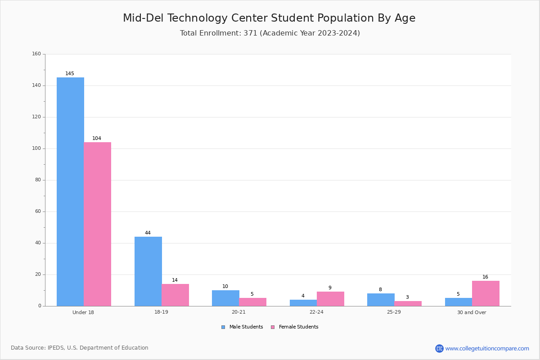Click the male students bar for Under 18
pyautogui.click(x=70, y=192)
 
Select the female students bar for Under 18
pyautogui.click(x=97, y=224)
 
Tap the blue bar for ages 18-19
pyautogui.click(x=148, y=271)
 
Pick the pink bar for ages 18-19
pyautogui.click(x=175, y=295)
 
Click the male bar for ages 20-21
pyautogui.click(x=225, y=298)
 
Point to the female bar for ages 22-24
pyautogui.click(x=330, y=299)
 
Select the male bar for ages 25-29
pyautogui.click(x=381, y=300)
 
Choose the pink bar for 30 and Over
pyautogui.click(x=486, y=293)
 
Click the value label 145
pyautogui.click(x=70, y=73)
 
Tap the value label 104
pyautogui.click(x=97, y=138)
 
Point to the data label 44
pyautogui.click(x=148, y=233)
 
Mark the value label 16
pyautogui.click(x=485, y=277)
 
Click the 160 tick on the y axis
pyautogui.click(x=36, y=54)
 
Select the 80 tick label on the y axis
pyautogui.click(x=38, y=180)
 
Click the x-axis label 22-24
pyautogui.click(x=316, y=312)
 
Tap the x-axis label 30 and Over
pyautogui.click(x=472, y=312)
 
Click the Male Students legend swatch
pyautogui.click(x=223, y=327)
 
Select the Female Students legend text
pyautogui.click(x=298, y=327)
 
